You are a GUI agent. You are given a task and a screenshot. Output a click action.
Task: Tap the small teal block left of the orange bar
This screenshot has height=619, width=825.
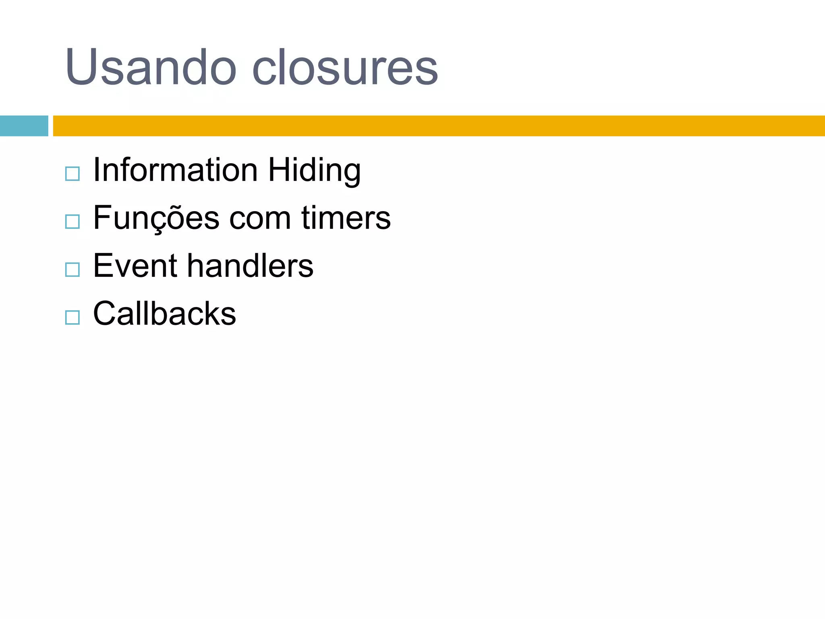[24, 126]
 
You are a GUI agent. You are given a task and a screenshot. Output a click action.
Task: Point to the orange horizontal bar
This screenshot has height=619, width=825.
[439, 126]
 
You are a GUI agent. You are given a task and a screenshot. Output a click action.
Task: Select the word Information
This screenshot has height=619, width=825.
[175, 170]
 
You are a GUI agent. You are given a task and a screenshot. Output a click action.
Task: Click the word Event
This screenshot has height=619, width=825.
[135, 266]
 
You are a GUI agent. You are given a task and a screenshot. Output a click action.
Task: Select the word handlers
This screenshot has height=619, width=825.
[250, 266]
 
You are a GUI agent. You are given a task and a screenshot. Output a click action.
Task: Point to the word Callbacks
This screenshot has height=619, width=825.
[164, 313]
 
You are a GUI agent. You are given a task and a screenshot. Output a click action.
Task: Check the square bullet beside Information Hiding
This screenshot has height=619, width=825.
[73, 174]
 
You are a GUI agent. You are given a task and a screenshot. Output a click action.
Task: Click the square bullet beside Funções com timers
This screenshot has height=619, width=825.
[73, 222]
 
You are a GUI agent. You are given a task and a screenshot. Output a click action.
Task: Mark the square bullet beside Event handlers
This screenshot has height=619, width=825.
[73, 269]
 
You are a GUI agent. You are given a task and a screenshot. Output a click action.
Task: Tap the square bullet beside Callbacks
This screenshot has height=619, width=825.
[73, 317]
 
